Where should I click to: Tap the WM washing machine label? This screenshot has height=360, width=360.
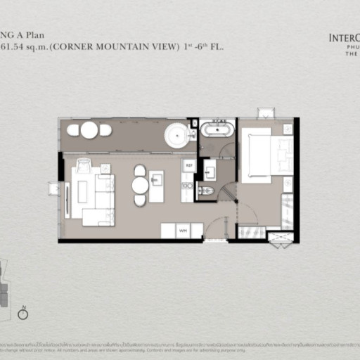point(183,231)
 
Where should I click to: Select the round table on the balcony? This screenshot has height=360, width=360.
point(89,130)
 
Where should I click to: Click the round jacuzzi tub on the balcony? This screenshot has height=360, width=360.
point(177,135)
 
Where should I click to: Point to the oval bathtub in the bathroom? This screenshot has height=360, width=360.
point(217,129)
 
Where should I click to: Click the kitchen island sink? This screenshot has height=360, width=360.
point(156,181)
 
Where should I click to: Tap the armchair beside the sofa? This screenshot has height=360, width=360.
point(83,166)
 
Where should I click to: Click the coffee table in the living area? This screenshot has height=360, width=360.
point(82,191)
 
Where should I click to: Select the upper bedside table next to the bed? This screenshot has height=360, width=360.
point(288,129)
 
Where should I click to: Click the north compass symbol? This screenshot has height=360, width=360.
point(22,314)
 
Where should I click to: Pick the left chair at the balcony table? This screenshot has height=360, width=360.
point(73,130)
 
